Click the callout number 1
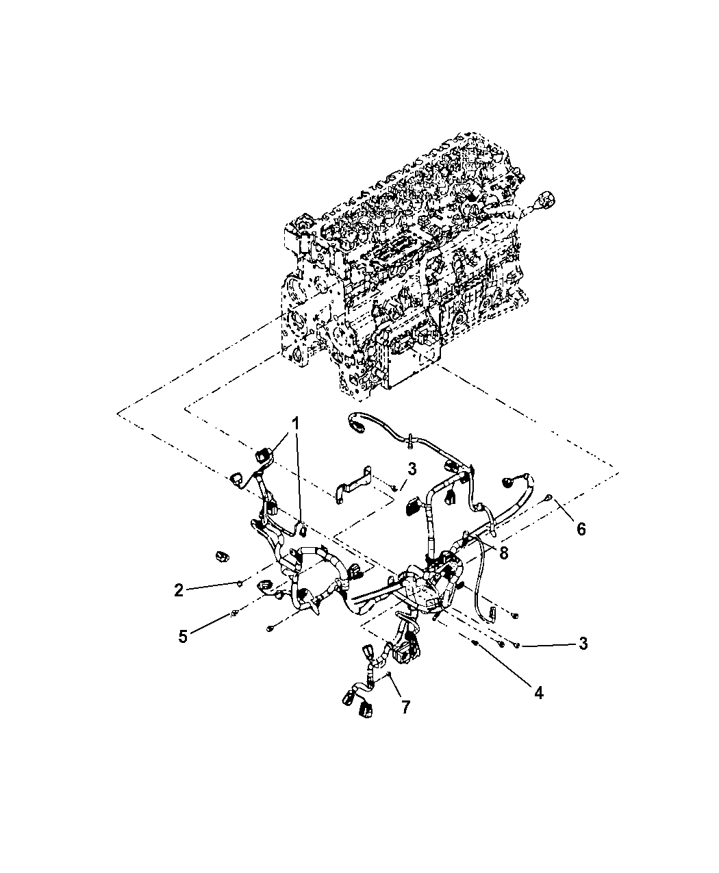(295, 424)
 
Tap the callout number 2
(179, 590)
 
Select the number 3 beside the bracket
(412, 469)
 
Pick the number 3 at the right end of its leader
(583, 644)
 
